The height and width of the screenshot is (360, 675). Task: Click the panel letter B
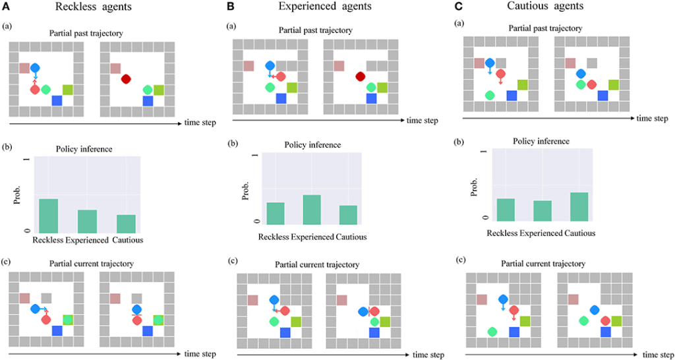[x=231, y=7]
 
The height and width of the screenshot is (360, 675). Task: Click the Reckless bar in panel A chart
[x=48, y=214]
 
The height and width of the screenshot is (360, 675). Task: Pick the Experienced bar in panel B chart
[x=312, y=209]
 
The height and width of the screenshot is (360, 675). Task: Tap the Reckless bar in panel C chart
[x=505, y=208]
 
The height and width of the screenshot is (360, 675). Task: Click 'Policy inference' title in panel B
[x=312, y=144]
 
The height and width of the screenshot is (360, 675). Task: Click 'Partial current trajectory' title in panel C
[x=543, y=264]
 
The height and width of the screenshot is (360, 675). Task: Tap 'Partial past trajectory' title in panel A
[x=88, y=32]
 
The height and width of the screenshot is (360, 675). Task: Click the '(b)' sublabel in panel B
[x=233, y=143]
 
